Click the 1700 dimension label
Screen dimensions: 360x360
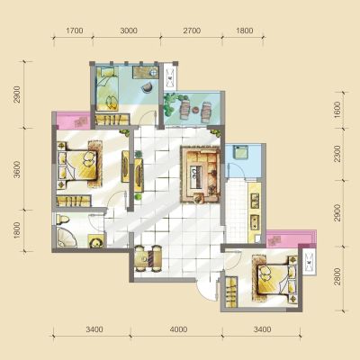pyautogui.click(x=75, y=31)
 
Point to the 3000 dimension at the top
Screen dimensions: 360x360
pyautogui.click(x=129, y=31)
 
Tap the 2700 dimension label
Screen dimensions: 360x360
pyautogui.click(x=192, y=31)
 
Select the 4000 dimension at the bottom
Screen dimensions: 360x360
pyautogui.click(x=178, y=329)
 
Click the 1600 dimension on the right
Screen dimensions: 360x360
pyautogui.click(x=337, y=110)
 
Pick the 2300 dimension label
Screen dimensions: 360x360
pyautogui.click(x=337, y=154)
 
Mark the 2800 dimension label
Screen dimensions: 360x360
pyautogui.click(x=337, y=276)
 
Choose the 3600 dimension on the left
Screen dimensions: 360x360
pyautogui.click(x=17, y=169)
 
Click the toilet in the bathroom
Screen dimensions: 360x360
pyautogui.click(x=63, y=220)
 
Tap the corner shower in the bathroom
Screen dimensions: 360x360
pyautogui.click(x=66, y=238)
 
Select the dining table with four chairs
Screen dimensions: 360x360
pyautogui.click(x=148, y=258)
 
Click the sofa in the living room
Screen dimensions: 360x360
pyautogui.click(x=201, y=175)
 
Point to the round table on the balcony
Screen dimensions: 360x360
pyautogui.click(x=196, y=110)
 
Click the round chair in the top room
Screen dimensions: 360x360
pyautogui.click(x=148, y=86)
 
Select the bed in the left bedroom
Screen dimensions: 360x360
pyautogui.click(x=78, y=166)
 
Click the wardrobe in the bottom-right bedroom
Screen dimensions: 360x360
pyautogui.click(x=231, y=292)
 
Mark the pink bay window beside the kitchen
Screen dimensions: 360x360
pyautogui.click(x=291, y=238)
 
